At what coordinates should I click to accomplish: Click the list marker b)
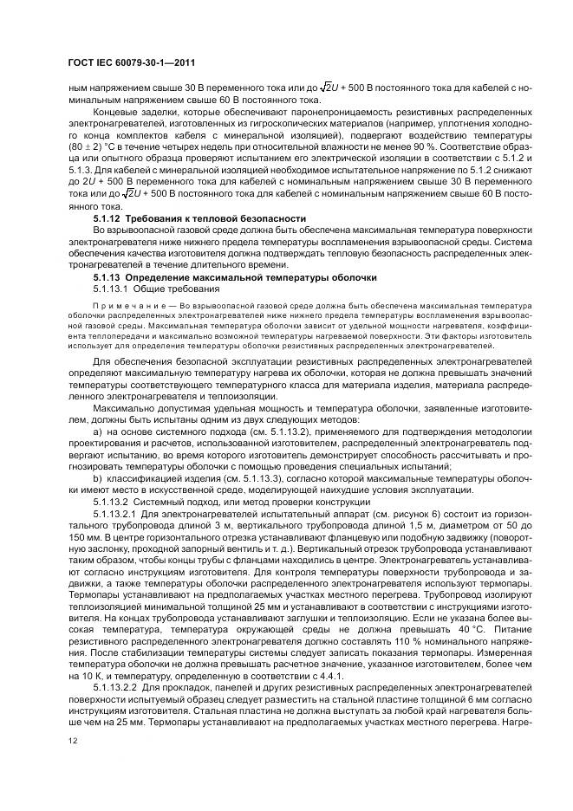[96, 476]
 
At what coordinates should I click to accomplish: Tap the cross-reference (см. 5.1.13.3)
[227, 476]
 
